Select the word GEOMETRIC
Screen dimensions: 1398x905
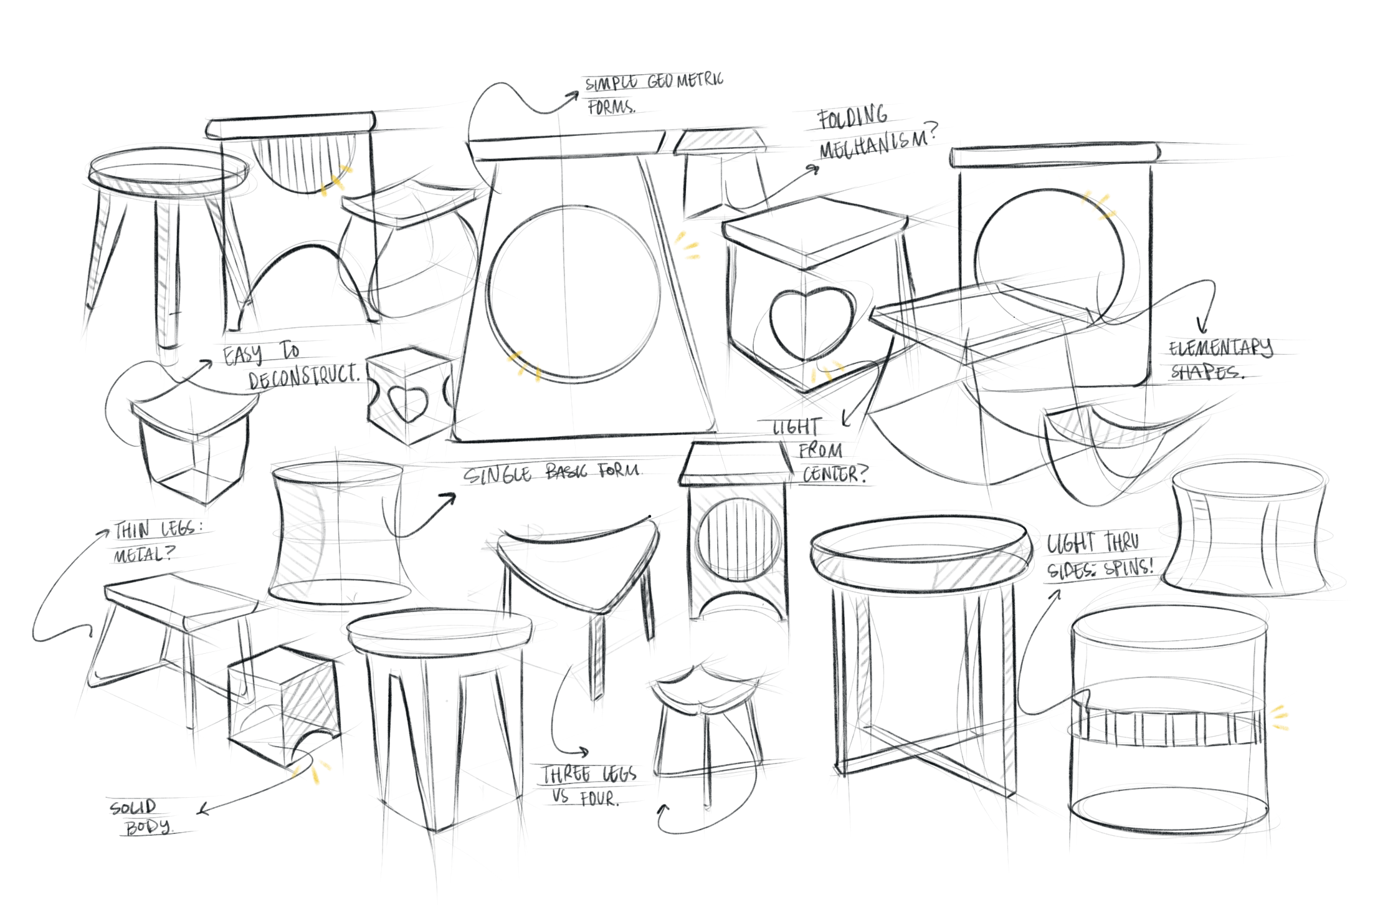685,80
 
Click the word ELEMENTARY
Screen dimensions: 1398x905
1220,347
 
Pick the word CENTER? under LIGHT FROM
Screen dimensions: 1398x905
834,474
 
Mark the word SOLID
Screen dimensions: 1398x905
133,808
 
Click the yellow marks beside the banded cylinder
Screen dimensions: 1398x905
1280,717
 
